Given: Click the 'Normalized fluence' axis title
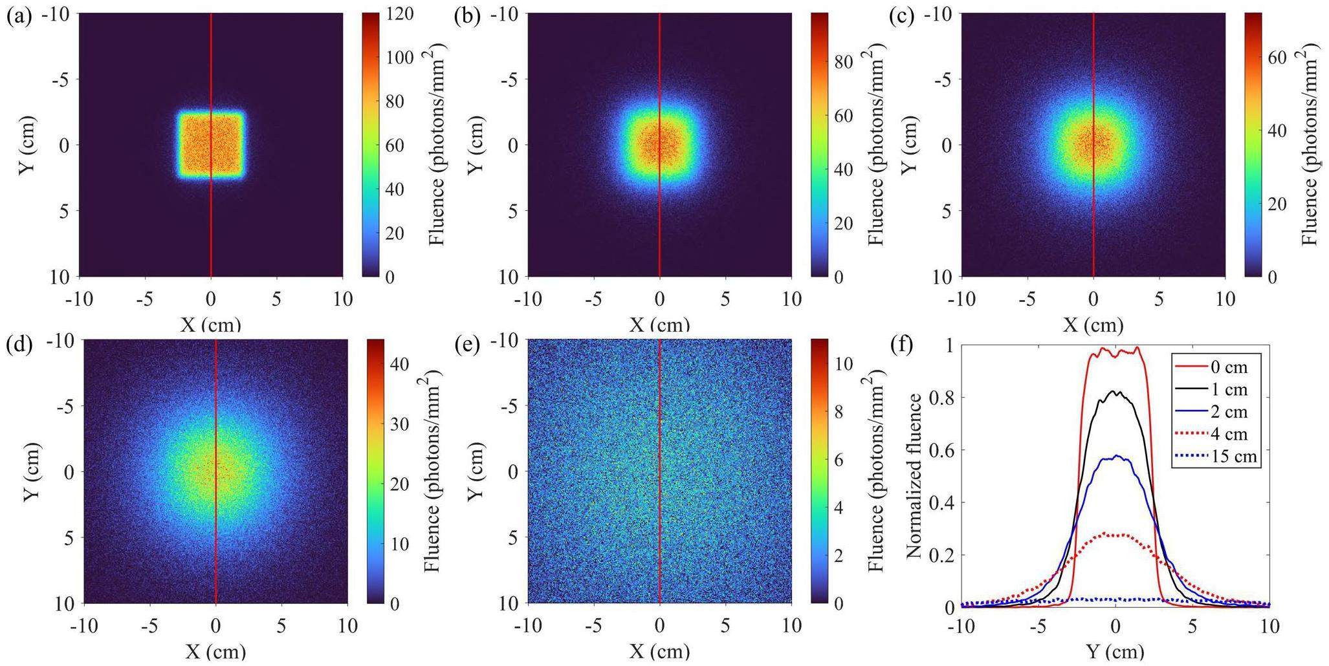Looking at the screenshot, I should click(x=915, y=476).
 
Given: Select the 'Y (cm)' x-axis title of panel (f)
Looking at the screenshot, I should click(x=1115, y=651).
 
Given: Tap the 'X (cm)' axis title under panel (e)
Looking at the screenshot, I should click(x=659, y=651).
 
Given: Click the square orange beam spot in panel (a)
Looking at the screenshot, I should click(x=211, y=144).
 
